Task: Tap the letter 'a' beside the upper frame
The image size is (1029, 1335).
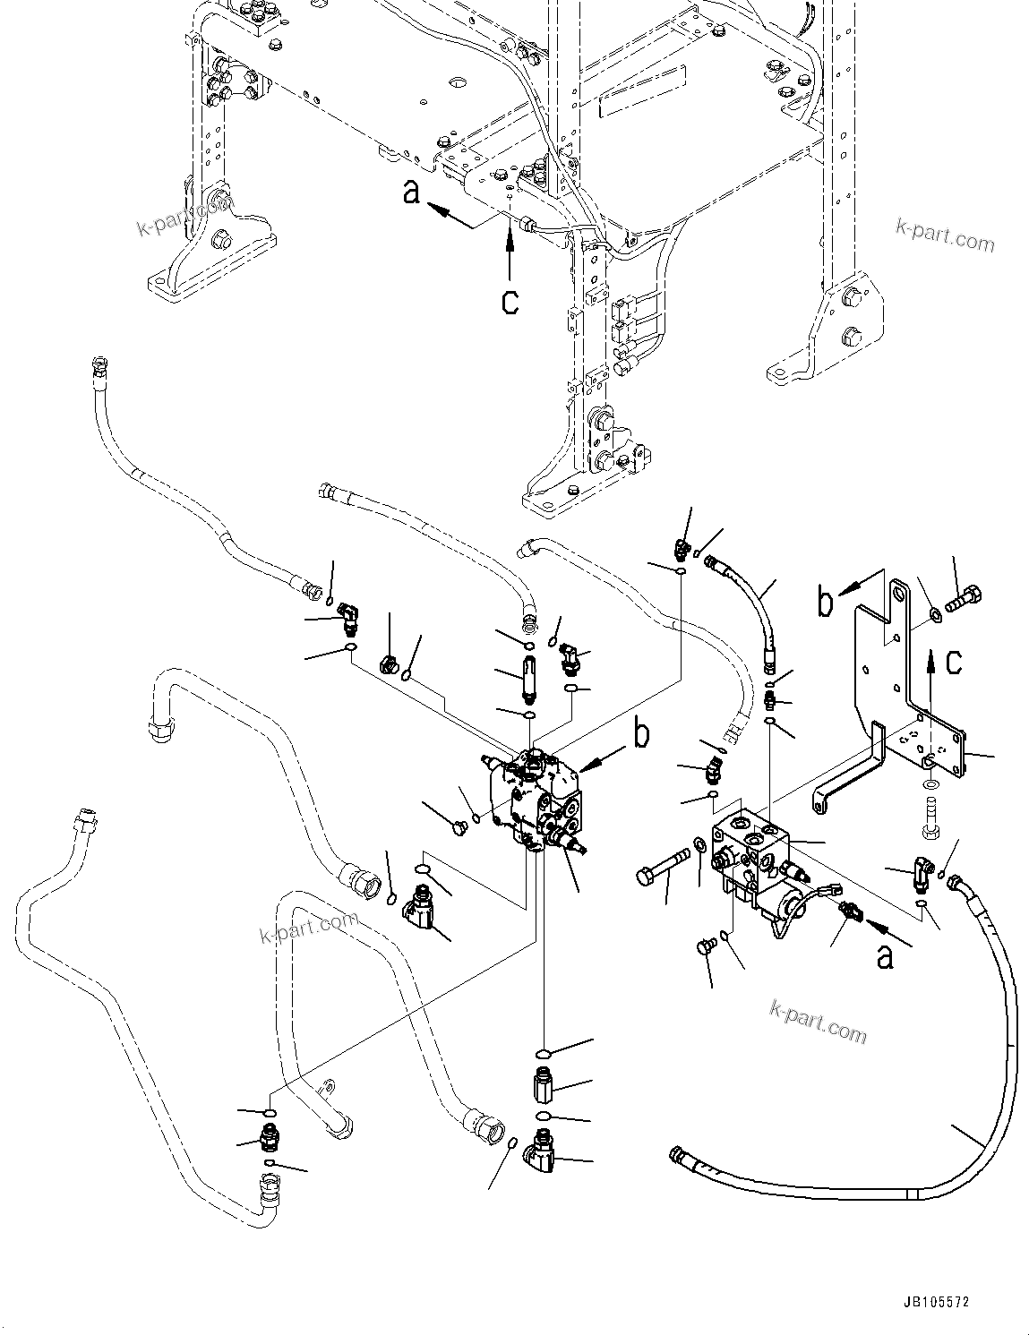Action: click(x=412, y=192)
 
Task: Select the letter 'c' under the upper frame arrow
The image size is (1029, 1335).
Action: click(x=510, y=301)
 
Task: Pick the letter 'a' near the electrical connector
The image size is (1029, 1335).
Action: click(x=885, y=956)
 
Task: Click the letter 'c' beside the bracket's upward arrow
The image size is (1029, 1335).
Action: click(x=955, y=661)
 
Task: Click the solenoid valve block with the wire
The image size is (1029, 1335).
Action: click(x=752, y=860)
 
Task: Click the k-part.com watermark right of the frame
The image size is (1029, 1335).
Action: click(x=945, y=238)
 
